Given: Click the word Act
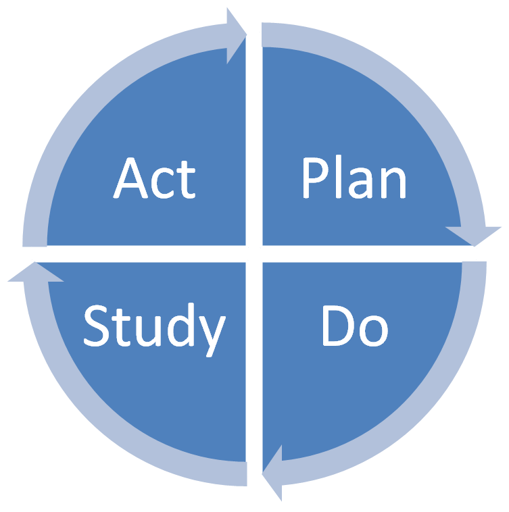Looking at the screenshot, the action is click(x=155, y=179).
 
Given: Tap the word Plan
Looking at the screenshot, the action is click(x=354, y=179).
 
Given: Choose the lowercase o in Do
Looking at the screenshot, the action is click(x=373, y=330).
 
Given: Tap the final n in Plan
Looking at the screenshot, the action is click(x=392, y=184).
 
